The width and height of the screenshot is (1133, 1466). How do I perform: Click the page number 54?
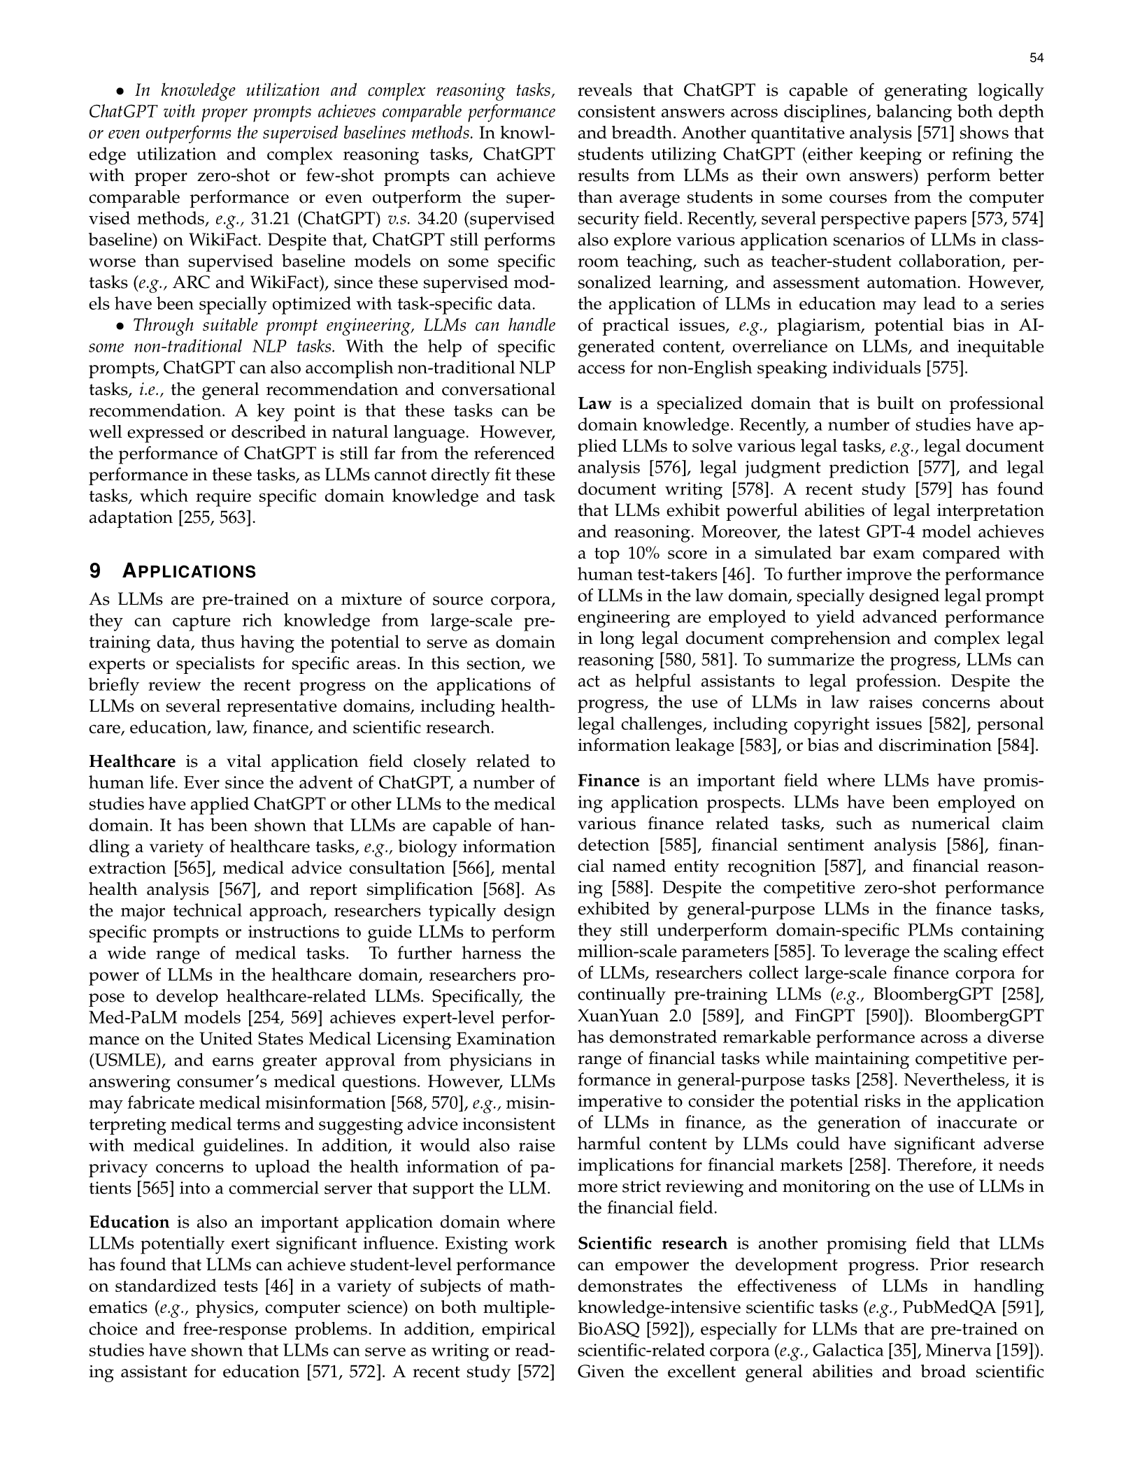click(1036, 59)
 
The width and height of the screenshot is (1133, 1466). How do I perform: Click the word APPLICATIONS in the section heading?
click(190, 572)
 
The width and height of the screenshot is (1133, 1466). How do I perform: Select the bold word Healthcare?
click(132, 761)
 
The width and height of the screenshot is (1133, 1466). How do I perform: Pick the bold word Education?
click(129, 1222)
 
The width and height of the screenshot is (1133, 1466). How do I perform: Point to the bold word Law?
click(594, 404)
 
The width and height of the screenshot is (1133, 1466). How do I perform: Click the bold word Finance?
click(608, 781)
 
